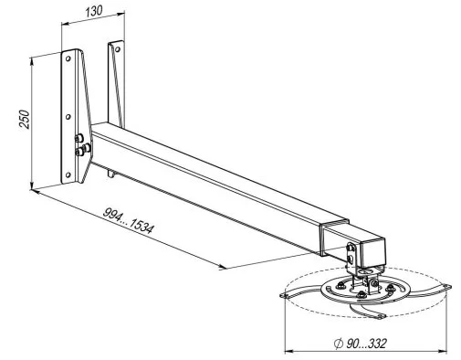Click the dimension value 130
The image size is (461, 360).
93,11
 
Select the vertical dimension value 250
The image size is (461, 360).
25,119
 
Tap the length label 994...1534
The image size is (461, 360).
129,220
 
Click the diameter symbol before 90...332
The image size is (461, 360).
338,344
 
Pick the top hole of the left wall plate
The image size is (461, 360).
68,58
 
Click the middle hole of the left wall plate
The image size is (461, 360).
68,117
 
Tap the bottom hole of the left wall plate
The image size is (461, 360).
68,175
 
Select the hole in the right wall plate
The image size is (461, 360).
118,49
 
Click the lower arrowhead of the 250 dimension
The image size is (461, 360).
31,185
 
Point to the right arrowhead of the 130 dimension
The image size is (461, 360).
120,13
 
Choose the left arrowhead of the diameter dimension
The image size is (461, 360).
288,351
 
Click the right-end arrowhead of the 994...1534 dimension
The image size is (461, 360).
223,267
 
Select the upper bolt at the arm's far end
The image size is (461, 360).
351,248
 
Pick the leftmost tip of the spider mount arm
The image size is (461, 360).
283,296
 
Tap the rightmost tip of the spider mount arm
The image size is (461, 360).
447,286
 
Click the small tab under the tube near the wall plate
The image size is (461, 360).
111,174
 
